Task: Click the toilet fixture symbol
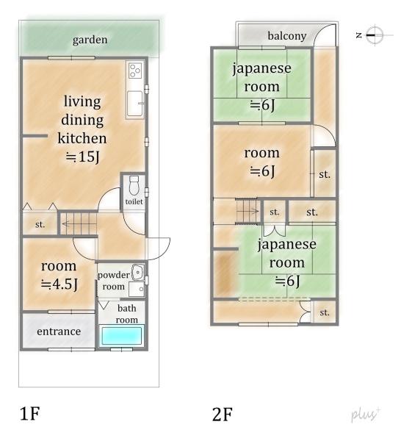134,185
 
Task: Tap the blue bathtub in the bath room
122,336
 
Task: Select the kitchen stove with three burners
135,71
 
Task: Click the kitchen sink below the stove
135,103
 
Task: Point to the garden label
90,40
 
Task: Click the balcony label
286,36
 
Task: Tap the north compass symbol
375,35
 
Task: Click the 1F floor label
29,414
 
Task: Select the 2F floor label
223,415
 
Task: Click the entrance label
59,331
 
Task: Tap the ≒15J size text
83,157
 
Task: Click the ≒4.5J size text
59,284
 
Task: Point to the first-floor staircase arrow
79,224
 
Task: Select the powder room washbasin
137,272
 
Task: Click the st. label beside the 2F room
325,174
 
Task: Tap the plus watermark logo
365,415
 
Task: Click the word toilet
134,201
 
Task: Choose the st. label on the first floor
40,224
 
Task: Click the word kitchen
82,138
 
